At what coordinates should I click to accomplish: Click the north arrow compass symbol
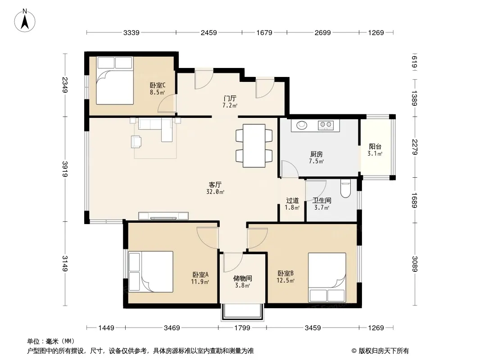click(25, 21)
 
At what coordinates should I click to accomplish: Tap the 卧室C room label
click(158, 85)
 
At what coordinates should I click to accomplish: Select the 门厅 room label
click(230, 99)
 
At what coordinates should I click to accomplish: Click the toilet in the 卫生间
click(345, 189)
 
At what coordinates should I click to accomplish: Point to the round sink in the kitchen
click(302, 125)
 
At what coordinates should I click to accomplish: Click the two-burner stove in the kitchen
click(326, 125)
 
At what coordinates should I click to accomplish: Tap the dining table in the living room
click(254, 146)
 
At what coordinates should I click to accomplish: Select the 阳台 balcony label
click(375, 147)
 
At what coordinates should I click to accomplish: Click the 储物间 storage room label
click(242, 279)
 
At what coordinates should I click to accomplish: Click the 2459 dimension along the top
click(209, 32)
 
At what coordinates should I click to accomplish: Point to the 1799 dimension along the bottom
click(242, 328)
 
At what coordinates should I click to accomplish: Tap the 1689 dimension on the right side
click(415, 200)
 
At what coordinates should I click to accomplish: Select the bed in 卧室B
click(327, 277)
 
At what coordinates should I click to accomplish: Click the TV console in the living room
click(163, 216)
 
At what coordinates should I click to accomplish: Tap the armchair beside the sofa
click(136, 142)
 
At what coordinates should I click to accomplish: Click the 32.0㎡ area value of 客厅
click(215, 192)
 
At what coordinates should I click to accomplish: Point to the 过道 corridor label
click(292, 201)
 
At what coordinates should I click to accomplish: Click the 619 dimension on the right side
click(415, 62)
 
